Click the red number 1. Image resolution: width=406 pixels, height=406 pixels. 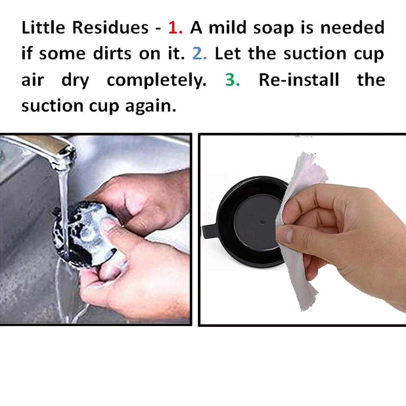click(x=175, y=28)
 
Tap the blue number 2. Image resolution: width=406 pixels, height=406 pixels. click(x=200, y=54)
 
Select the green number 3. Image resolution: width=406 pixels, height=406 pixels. click(x=232, y=79)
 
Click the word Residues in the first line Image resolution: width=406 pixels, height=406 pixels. click(x=110, y=27)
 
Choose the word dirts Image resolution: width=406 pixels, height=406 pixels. click(x=112, y=54)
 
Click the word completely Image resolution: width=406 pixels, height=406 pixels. click(x=157, y=81)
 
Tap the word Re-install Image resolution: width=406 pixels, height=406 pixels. click(x=299, y=79)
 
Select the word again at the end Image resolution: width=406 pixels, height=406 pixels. click(x=150, y=107)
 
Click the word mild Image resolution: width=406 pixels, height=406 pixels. click(x=228, y=27)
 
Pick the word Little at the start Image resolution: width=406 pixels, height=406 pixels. click(x=43, y=27)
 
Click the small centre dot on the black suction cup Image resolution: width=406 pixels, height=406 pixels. click(x=262, y=222)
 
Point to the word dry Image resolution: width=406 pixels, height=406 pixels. click(x=75, y=81)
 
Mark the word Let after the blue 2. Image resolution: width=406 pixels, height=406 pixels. click(x=228, y=54)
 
